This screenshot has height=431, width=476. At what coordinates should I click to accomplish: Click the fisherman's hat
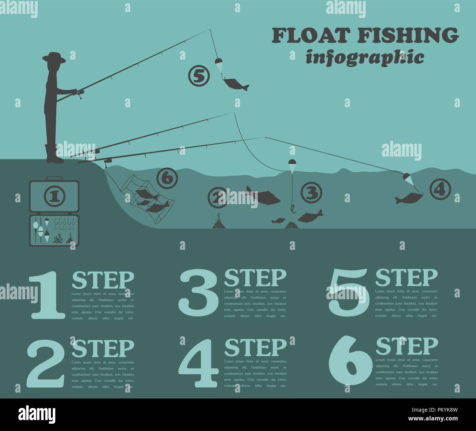(x=54, y=58)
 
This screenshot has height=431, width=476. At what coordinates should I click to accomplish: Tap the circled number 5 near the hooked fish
(x=198, y=76)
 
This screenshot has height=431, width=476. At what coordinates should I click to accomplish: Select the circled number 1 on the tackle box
(x=54, y=196)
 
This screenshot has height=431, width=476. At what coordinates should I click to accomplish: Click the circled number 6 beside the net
(x=167, y=179)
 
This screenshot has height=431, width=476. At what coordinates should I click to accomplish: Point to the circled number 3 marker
(x=311, y=192)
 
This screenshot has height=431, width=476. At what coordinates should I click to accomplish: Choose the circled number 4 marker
(x=439, y=189)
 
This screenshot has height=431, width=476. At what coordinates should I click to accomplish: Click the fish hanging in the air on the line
(x=234, y=84)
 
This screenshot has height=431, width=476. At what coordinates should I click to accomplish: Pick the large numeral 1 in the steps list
(x=45, y=295)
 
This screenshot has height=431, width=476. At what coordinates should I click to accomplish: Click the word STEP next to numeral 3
(x=255, y=278)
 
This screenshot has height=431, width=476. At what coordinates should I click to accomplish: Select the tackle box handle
(x=54, y=179)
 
